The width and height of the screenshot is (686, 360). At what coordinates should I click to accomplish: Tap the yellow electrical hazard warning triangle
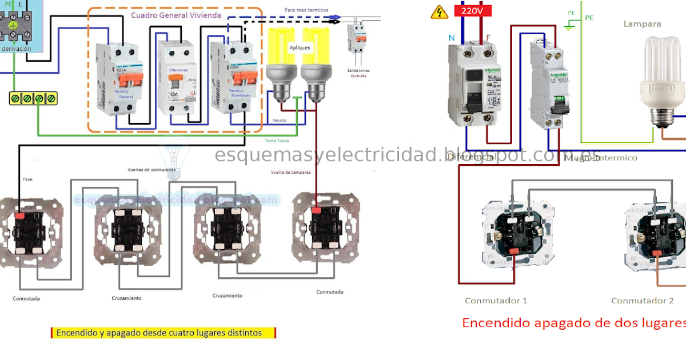439,12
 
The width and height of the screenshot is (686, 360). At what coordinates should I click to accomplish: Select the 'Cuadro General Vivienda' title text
176,15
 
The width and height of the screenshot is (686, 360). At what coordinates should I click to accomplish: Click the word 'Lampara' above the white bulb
642,24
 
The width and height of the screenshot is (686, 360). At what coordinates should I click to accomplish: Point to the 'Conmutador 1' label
496,301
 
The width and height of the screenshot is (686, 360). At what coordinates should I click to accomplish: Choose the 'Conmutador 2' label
642,301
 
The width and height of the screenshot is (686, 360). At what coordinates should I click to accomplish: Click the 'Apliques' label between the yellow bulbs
300,48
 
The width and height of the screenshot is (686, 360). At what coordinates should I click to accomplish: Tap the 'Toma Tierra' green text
277,141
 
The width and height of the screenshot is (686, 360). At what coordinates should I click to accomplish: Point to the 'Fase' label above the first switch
27,179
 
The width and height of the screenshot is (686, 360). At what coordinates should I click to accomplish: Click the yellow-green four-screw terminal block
33,98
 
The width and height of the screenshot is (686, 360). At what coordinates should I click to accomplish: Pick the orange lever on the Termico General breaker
122,77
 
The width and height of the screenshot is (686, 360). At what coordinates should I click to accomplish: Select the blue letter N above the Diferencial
452,38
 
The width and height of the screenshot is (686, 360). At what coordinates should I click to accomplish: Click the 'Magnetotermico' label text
600,158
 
